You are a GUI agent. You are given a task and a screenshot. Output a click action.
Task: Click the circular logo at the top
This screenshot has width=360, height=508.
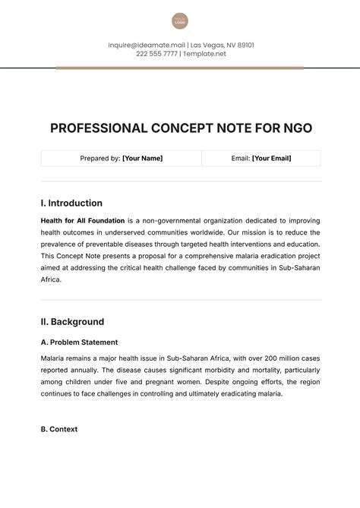point(180,21)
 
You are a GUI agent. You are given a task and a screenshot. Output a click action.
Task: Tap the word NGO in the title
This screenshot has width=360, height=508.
point(292,128)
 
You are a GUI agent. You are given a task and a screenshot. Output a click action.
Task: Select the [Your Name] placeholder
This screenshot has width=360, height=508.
point(142,159)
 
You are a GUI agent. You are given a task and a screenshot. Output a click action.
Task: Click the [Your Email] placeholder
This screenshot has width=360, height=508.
point(271,159)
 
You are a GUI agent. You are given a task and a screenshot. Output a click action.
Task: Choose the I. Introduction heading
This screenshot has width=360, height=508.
point(71,204)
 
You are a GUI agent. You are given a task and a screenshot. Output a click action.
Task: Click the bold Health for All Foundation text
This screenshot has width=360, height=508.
point(83,219)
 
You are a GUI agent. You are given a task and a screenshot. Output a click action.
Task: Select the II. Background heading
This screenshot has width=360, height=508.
point(72,321)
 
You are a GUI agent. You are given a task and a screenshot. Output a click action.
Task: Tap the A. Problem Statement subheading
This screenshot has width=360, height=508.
point(79,342)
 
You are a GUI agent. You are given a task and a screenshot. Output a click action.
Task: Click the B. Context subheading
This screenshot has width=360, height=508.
point(58,429)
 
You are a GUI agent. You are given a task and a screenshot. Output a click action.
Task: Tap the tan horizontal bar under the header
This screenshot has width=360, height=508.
point(180,68)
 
